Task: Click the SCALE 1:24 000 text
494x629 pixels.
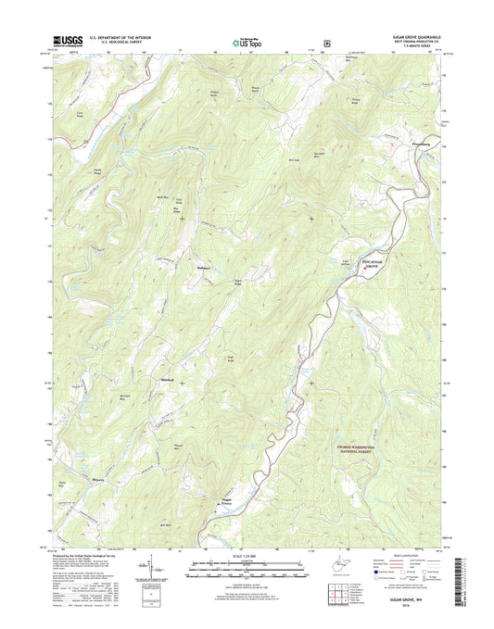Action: click(x=247, y=558)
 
